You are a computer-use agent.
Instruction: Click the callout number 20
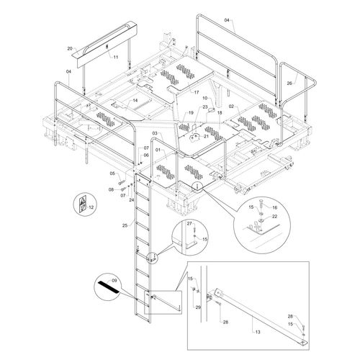tap(70, 48)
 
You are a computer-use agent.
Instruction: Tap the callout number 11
tap(116, 57)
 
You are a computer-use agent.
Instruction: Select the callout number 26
tap(289, 84)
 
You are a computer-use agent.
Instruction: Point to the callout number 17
tap(197, 92)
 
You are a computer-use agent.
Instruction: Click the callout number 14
tap(135, 100)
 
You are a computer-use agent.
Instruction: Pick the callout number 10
tap(205, 98)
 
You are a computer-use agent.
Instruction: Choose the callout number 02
tap(231, 106)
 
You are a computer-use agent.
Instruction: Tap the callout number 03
tap(155, 133)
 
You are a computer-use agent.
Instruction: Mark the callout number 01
tap(158, 150)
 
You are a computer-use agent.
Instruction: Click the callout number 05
tap(112, 174)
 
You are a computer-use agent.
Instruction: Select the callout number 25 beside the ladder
tap(125, 225)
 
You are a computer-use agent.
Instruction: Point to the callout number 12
tap(91, 207)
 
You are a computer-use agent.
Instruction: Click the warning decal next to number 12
tap(83, 204)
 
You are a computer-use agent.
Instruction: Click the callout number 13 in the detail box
tap(258, 332)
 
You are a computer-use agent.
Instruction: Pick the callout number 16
tap(275, 207)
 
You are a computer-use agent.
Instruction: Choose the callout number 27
tap(189, 224)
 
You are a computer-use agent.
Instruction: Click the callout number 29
tap(198, 307)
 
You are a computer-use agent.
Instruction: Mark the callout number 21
tap(207, 136)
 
